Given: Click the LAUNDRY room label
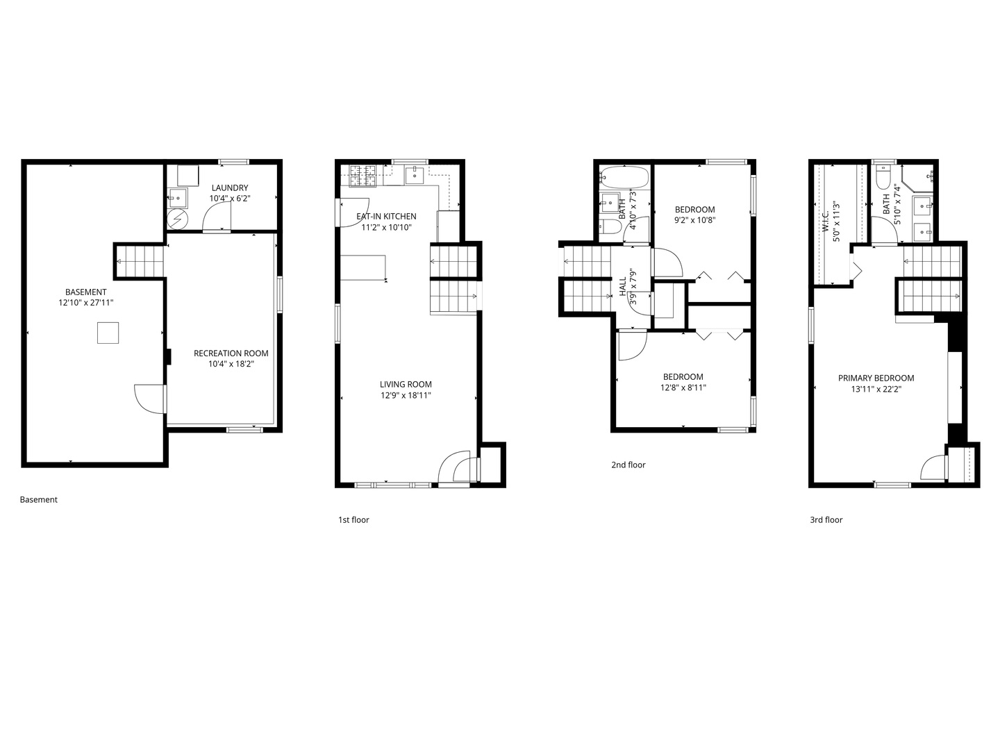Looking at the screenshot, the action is tap(230, 187).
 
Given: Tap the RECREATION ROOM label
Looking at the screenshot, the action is tap(231, 353).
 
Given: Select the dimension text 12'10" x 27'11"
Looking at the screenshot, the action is tap(85, 302).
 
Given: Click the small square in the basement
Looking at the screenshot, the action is tap(108, 333).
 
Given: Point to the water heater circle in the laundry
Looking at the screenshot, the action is tap(178, 219).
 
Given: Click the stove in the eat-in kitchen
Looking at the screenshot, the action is tap(362, 176).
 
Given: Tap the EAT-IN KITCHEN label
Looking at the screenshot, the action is tap(386, 216).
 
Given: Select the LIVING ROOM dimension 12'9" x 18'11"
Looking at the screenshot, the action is tap(406, 395).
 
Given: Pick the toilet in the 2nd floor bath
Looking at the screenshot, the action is tap(609, 227).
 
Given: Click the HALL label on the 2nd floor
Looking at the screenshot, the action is tap(623, 286).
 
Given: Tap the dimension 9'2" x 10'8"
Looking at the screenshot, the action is tap(694, 220).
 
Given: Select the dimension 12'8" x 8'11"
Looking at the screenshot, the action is tap(683, 387).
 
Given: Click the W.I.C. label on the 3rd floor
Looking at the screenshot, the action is tap(826, 222).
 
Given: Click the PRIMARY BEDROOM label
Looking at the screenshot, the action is tap(876, 378).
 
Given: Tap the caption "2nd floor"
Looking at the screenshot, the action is tap(628, 465).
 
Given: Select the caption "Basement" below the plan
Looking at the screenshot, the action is tap(39, 499).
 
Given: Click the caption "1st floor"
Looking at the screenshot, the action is tap(353, 519).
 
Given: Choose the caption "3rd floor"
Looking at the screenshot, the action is tap(826, 519).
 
